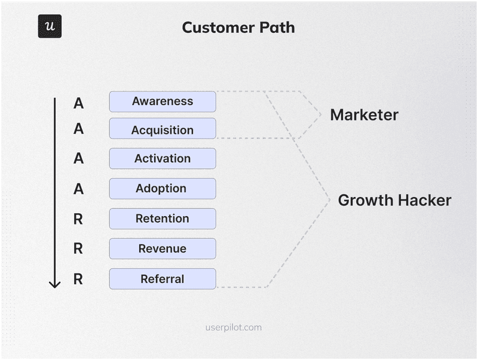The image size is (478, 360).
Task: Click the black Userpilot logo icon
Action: coord(50,26)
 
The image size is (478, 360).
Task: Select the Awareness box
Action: coord(163,101)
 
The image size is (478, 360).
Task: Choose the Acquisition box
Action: coord(163,130)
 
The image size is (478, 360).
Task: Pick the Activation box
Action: coord(163,159)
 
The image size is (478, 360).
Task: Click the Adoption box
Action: coord(163,189)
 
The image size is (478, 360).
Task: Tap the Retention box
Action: coord(163,219)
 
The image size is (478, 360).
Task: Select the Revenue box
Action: coord(163,248)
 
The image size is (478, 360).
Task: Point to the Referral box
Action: coord(163,279)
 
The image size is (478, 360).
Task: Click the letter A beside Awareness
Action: coord(78,103)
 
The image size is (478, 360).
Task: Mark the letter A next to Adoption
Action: coord(78,189)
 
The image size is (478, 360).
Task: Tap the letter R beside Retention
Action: coord(78,219)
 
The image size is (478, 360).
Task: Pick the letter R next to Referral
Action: coord(78,279)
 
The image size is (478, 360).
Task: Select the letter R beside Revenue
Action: coord(78,249)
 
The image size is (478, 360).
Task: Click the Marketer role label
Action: coord(364,115)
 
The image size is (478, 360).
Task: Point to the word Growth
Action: coord(365,201)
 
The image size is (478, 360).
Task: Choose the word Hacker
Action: coord(424,201)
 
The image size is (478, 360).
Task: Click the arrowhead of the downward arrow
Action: coord(55,283)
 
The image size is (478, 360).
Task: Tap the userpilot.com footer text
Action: coord(233,327)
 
